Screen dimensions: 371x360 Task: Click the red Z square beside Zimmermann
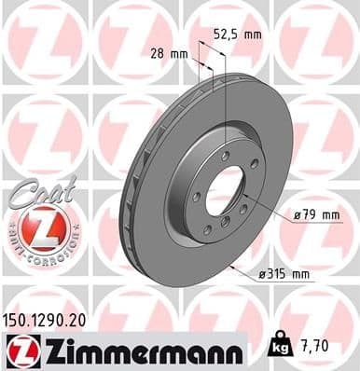[20, 348]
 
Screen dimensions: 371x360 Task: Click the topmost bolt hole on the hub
[226, 154]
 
